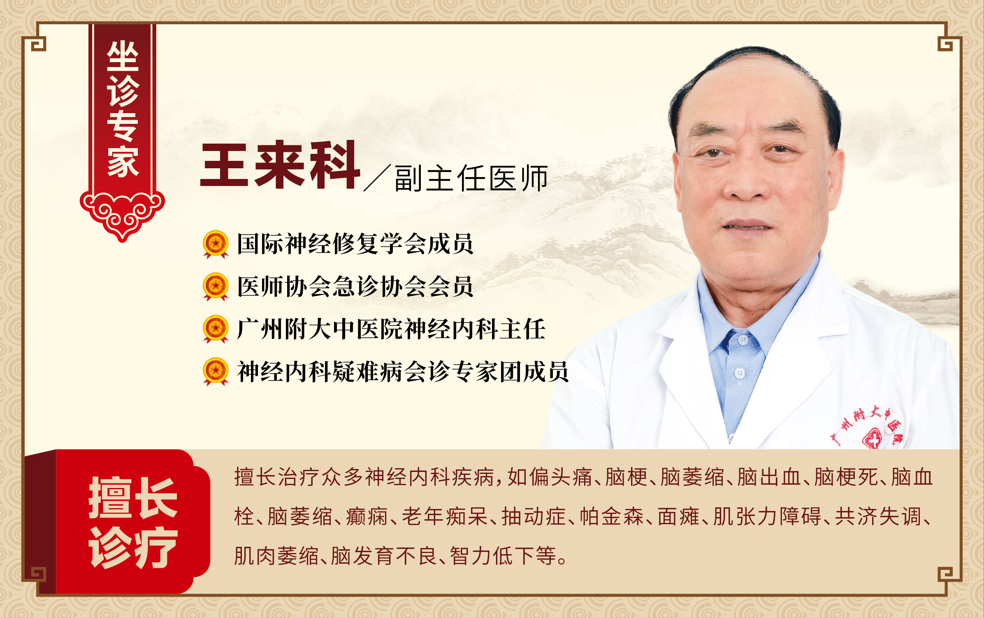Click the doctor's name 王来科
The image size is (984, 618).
[x=280, y=164]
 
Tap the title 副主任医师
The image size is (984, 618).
[x=471, y=178]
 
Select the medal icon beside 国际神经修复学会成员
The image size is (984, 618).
[x=216, y=244]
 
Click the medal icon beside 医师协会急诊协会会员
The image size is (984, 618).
[x=216, y=287]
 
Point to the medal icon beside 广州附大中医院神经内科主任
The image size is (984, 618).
[x=216, y=329]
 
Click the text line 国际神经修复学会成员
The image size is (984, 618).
[x=355, y=244]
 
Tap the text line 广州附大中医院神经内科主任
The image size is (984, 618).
[x=391, y=329]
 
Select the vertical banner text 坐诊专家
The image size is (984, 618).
[x=123, y=109]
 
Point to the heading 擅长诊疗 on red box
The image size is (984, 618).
[x=133, y=522]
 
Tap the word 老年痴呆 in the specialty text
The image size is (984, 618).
[x=445, y=516]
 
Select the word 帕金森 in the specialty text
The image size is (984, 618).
[x=612, y=516]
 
